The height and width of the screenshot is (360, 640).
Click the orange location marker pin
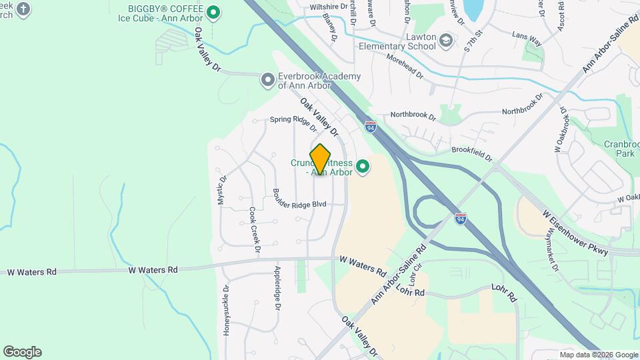321,159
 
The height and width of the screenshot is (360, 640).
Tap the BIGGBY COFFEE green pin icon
213,12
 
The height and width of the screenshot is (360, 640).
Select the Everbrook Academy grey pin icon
268,81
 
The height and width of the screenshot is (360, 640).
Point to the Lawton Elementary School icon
445,42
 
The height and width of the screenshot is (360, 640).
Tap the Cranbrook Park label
620,148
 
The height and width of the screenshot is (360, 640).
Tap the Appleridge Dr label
277,288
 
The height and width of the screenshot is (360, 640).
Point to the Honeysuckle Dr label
227,309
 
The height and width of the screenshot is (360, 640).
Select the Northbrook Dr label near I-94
413,116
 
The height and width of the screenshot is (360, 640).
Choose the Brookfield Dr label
471,154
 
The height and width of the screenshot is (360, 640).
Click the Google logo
22,351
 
